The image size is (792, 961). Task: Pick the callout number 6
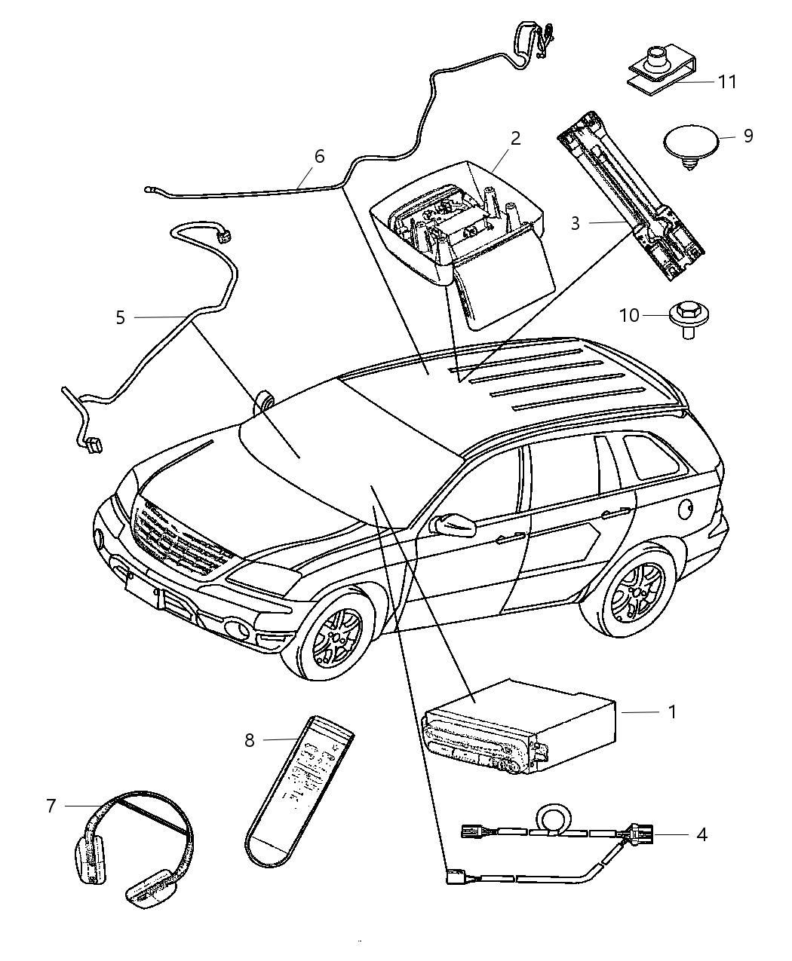(319, 156)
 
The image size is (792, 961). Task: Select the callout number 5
(121, 317)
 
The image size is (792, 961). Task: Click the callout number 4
(701, 834)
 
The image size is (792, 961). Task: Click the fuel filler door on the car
(686, 510)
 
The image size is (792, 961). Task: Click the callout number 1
(672, 711)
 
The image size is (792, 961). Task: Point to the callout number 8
(250, 740)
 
